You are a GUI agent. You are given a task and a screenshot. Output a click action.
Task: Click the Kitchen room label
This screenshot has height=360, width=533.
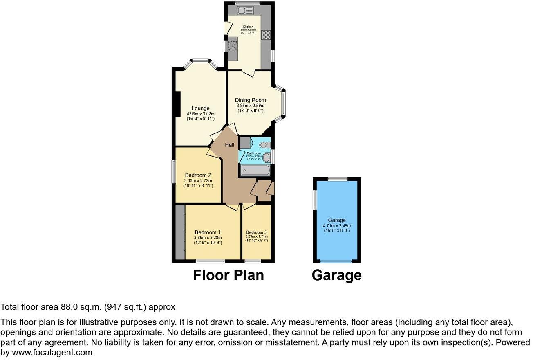[x=248, y=27]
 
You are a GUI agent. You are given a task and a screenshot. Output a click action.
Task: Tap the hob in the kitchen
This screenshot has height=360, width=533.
[x=266, y=35]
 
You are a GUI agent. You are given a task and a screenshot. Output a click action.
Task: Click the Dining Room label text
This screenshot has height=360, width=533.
[x=250, y=100]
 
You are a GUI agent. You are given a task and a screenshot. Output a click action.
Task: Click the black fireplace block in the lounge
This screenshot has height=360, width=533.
[x=177, y=104]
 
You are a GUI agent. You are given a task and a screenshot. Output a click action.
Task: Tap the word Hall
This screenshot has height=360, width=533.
[x=229, y=145]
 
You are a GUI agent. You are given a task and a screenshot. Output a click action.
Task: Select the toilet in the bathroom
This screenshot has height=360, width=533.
[x=264, y=144]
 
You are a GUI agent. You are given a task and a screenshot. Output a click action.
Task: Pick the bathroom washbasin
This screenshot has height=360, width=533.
[x=266, y=157]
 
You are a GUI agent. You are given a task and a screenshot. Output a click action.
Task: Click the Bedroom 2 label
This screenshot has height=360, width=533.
[x=198, y=175]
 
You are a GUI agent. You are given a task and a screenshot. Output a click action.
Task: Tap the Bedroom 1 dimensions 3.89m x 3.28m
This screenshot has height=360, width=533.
[x=208, y=238]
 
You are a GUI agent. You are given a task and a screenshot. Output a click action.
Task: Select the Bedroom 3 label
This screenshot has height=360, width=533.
[x=256, y=232]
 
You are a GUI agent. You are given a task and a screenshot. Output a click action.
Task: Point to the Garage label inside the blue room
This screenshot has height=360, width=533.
[x=336, y=220]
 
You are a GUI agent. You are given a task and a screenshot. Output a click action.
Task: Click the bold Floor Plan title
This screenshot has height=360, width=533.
[x=228, y=275]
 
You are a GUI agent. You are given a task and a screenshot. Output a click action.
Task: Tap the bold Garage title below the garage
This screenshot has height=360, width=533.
[x=336, y=275]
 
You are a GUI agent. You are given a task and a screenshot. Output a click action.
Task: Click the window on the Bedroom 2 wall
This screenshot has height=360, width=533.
[x=173, y=172]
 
